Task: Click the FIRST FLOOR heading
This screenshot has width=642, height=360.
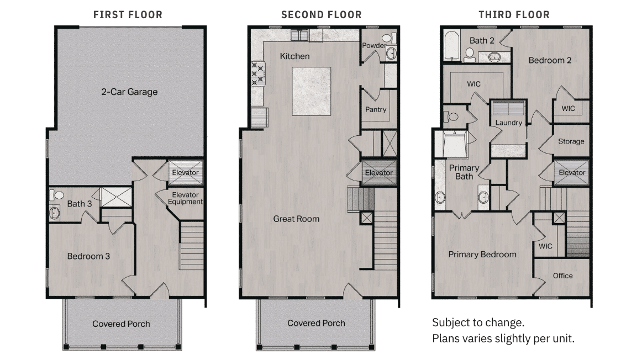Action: (x=128, y=15)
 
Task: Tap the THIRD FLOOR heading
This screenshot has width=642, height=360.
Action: (x=514, y=15)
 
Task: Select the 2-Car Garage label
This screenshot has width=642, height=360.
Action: (x=129, y=92)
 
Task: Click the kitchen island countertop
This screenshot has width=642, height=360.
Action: (x=311, y=91)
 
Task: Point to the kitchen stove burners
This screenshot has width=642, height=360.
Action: (x=258, y=73)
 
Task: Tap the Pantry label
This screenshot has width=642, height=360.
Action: (x=376, y=110)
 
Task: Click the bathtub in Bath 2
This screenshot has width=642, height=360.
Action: (x=452, y=46)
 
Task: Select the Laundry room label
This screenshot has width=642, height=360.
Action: (x=508, y=123)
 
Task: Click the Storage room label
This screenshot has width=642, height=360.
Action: (x=571, y=141)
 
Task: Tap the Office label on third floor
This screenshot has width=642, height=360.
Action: (x=563, y=276)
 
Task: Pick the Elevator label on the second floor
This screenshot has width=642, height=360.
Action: (x=378, y=173)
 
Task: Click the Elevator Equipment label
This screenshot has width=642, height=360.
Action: (x=185, y=198)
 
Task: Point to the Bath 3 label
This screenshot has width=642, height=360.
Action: (x=80, y=204)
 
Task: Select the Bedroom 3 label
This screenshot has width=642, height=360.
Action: (x=88, y=256)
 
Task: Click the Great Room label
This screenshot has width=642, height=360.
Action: (x=297, y=219)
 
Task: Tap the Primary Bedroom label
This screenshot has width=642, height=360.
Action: (x=482, y=255)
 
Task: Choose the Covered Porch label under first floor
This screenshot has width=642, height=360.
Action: (x=121, y=324)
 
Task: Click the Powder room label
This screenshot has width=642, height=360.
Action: (x=374, y=45)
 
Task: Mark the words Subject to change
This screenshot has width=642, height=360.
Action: (x=478, y=322)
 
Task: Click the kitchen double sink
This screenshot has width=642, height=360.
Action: (x=299, y=35)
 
